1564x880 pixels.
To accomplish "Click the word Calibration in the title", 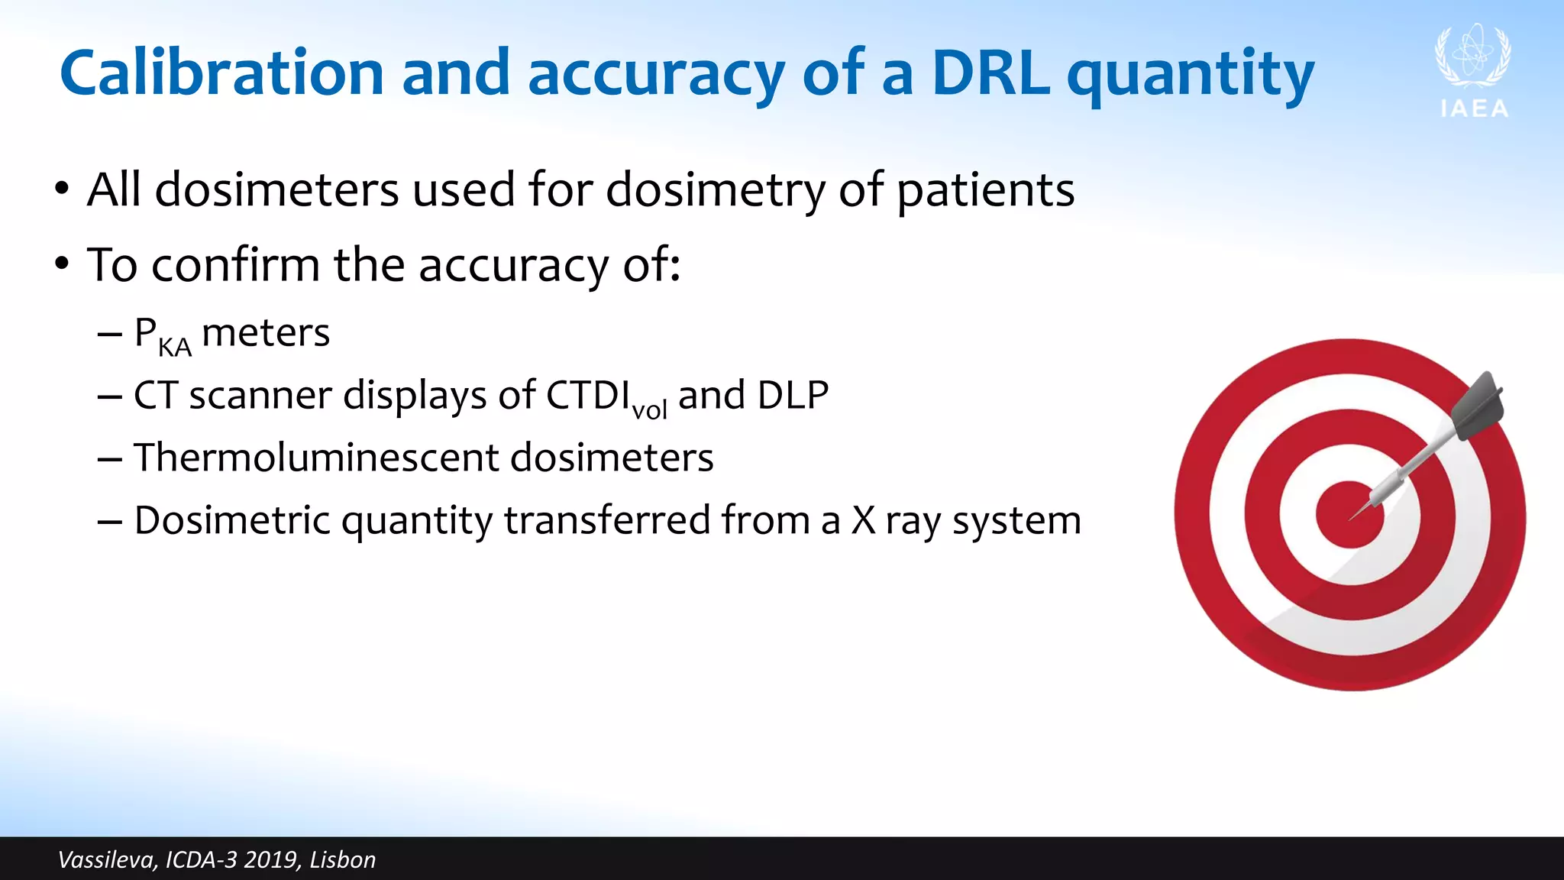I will coord(221,73).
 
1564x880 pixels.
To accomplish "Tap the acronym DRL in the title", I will coord(990,73).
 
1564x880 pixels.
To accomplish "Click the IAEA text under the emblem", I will coord(1475,109).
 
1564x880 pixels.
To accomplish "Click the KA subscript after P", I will coord(175,348).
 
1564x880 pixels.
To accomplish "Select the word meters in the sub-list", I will coord(266,333).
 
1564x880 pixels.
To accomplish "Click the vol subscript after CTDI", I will coord(650,410).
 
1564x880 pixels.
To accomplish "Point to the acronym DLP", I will coord(793,396).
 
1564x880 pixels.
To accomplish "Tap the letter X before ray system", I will coord(864,520).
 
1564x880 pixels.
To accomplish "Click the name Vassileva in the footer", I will coord(107,860).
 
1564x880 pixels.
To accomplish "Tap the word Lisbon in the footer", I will coord(343,860).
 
